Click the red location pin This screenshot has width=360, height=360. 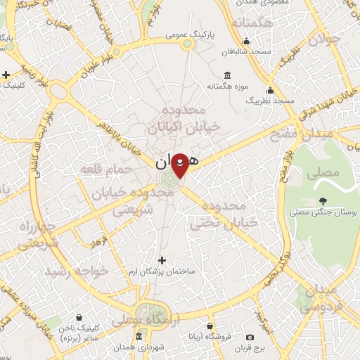point(180,165)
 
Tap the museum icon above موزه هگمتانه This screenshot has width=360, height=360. point(226,75)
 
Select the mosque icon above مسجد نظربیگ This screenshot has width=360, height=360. point(270,90)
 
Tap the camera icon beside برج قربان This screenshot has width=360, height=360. point(250,337)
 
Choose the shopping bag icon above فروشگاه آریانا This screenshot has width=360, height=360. point(211,326)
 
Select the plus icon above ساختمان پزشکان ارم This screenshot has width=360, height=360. point(163,259)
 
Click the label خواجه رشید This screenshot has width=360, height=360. point(77,271)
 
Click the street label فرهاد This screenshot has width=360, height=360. point(99,243)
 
